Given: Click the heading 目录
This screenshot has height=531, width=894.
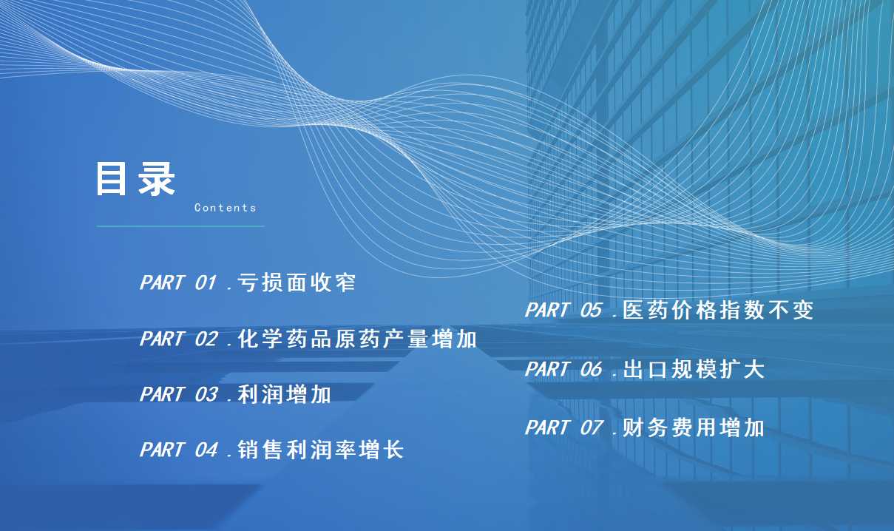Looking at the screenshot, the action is (x=135, y=178).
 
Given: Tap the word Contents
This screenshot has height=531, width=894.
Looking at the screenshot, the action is (x=225, y=208).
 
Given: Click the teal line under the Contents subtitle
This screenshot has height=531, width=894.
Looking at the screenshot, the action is (x=180, y=226).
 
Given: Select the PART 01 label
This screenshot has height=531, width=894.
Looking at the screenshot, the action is (x=178, y=283).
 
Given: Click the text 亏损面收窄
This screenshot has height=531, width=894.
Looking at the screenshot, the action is (x=296, y=283).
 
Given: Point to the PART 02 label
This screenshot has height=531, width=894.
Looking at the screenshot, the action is (x=179, y=339).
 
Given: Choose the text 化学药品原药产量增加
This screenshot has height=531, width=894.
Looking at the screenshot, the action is (x=357, y=339).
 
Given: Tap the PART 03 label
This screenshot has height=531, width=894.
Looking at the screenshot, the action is (x=179, y=394).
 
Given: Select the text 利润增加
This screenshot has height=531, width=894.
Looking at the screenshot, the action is (x=284, y=394).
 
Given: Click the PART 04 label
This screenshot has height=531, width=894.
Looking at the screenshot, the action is (x=179, y=450).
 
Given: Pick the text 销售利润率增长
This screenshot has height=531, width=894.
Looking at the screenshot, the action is (x=320, y=450).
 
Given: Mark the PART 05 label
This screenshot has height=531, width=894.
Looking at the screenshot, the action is (x=563, y=310).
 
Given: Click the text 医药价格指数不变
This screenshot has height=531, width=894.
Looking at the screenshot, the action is (x=718, y=310).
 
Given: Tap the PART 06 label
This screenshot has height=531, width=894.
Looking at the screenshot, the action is (x=563, y=369).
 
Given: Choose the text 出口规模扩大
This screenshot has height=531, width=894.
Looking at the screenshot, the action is (x=694, y=369).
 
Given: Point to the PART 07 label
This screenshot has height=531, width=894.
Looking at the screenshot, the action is (x=563, y=427).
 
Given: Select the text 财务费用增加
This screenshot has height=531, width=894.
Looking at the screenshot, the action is (x=694, y=427).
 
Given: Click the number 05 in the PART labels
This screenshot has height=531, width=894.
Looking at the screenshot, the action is (x=591, y=310).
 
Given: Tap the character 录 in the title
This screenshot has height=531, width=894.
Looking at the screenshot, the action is (x=157, y=178).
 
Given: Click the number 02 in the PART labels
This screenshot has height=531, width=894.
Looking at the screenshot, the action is (x=206, y=339).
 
